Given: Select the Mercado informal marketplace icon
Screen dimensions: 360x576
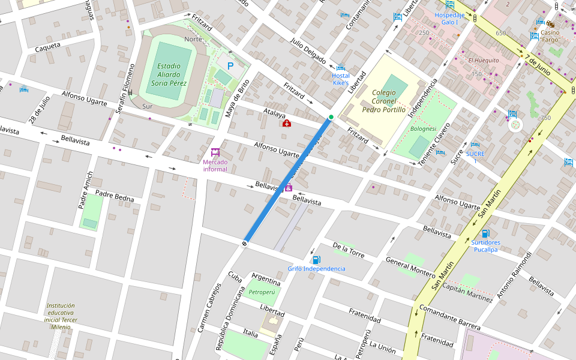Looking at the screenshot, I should click(x=215, y=152).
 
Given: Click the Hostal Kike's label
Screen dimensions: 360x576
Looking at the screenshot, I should click(x=340, y=79).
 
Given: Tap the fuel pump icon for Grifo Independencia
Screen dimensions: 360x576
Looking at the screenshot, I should click(x=316, y=259).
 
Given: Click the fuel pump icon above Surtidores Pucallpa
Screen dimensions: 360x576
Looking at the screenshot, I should click(x=485, y=233).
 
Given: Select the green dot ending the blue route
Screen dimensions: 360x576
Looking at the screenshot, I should click(x=331, y=117).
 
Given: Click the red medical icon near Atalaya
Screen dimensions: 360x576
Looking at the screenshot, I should click(x=287, y=124).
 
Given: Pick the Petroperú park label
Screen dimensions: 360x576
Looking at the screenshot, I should click(x=262, y=292).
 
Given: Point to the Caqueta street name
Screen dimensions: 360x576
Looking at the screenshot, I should click(x=48, y=47).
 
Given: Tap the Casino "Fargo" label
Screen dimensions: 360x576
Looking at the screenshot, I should click(x=550, y=36).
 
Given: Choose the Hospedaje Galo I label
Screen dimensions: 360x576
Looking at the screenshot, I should click(x=449, y=19).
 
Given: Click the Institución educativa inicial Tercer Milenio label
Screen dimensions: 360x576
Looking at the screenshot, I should click(x=61, y=316).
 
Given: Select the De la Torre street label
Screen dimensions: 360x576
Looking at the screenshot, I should click(x=348, y=250).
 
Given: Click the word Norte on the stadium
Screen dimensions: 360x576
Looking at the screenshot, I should click(x=193, y=39).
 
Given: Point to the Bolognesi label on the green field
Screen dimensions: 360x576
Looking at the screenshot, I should click(x=422, y=128).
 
